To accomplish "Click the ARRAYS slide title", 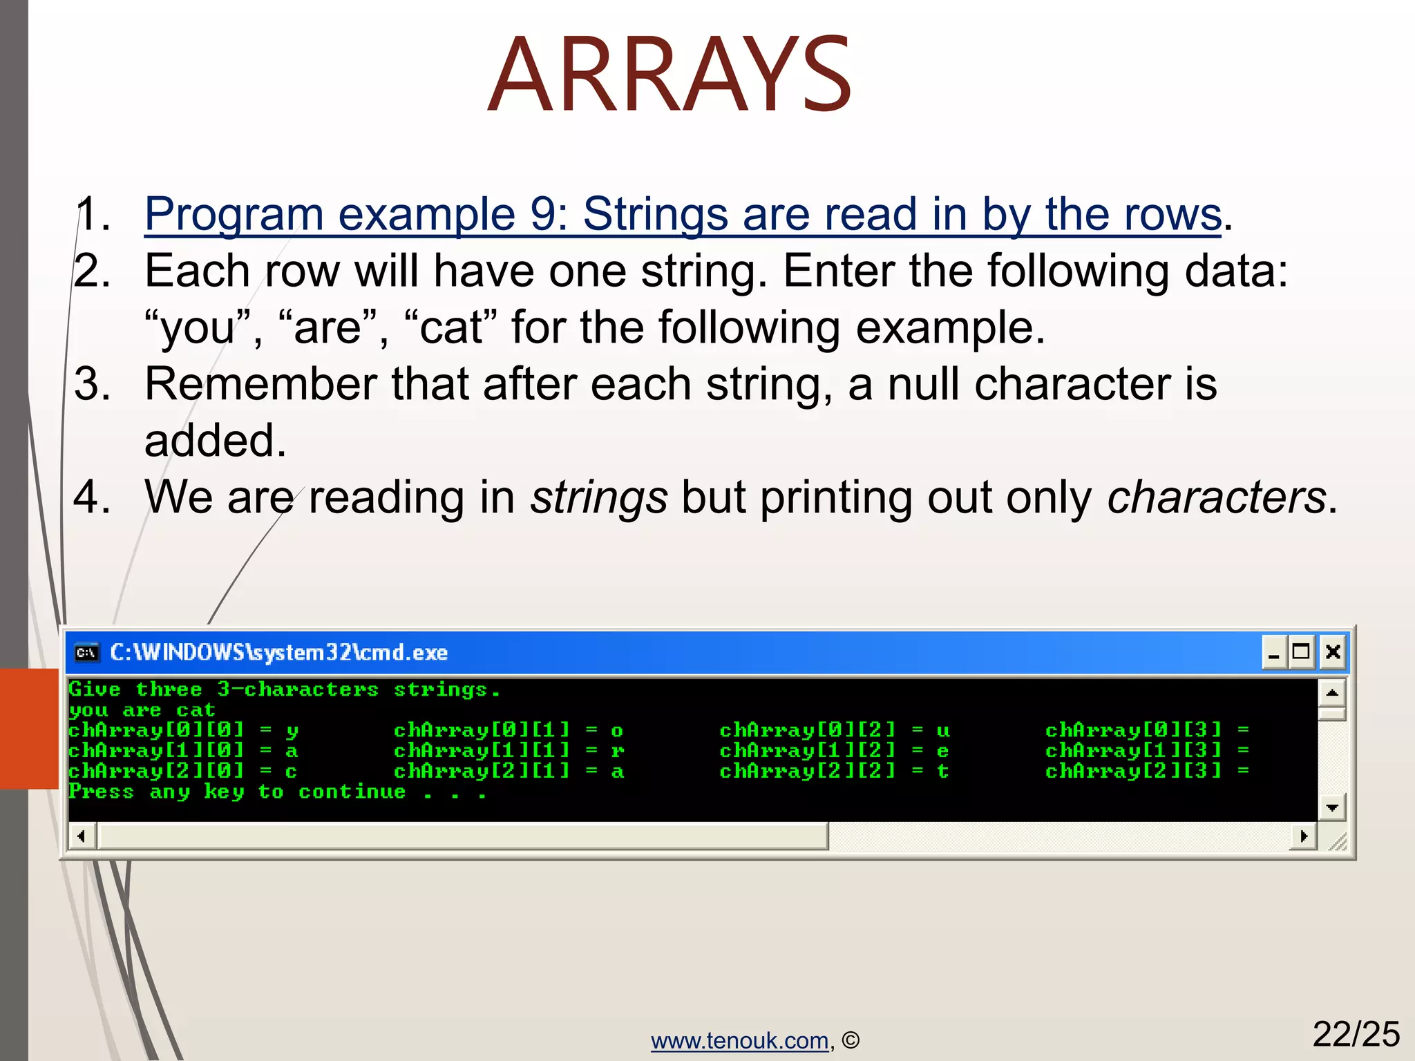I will coord(669,75).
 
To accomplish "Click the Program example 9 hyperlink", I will coord(683,214).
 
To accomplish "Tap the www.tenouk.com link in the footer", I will coord(739,1040).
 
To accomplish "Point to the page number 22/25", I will coord(1356,1034).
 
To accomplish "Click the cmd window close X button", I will coord(1333,651).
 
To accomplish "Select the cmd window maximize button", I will coord(1301,651).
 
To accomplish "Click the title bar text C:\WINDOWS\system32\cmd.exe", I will coord(278,653).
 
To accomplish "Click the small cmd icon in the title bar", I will coord(86,653).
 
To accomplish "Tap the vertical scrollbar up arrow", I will coord(1332,692).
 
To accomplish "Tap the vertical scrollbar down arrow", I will coord(1332,807).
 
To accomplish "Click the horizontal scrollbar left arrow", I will coord(82,837).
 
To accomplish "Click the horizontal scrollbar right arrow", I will coord(1303,837).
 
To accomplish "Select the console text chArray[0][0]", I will coord(156,730).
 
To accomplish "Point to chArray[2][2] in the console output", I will coord(807,771).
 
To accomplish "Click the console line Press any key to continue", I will coord(276,792).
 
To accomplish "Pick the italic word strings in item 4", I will coord(598,497).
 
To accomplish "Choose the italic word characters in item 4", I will coord(1216,497).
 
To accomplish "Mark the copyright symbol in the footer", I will coord(851,1040).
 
